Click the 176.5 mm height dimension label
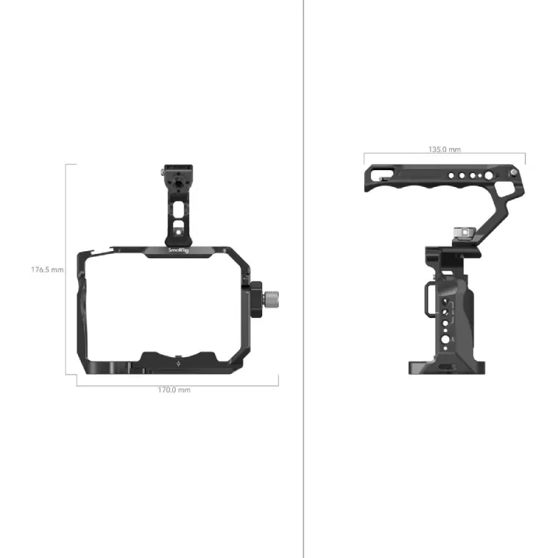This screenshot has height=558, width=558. pos(47,269)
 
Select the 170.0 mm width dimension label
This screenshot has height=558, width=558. pos(174,390)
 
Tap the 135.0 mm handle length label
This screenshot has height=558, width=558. pos(444,149)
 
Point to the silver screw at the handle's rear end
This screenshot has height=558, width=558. pos(513,172)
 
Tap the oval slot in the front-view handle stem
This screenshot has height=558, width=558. pos(179,209)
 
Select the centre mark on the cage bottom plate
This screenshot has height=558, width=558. pos(179,363)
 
